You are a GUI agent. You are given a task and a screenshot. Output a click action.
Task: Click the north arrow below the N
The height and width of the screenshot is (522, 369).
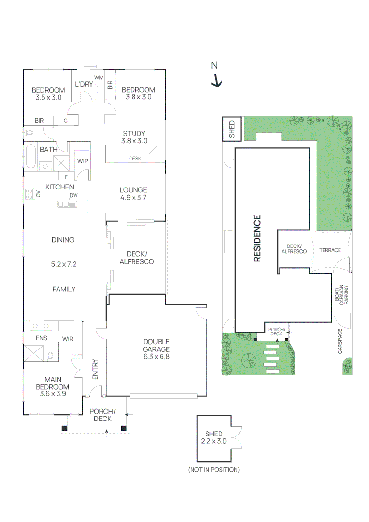pyautogui.click(x=217, y=81)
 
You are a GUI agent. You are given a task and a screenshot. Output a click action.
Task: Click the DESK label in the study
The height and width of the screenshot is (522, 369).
pyautogui.click(x=135, y=159)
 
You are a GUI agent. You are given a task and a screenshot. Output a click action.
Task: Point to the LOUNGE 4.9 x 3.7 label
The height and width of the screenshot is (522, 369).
pyautogui.click(x=133, y=194)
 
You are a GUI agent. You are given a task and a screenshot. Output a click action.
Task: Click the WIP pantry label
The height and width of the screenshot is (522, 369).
pyautogui.click(x=83, y=161)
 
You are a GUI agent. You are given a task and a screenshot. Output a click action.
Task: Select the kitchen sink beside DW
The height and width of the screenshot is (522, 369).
pyautogui.click(x=63, y=204)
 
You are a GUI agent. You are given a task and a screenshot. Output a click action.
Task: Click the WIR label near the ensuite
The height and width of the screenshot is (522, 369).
pyautogui.click(x=68, y=339)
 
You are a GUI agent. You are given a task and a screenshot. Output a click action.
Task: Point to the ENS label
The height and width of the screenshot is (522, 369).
pyautogui.click(x=41, y=338)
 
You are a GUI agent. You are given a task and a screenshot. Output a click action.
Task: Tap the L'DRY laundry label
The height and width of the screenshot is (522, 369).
pyautogui.click(x=84, y=84)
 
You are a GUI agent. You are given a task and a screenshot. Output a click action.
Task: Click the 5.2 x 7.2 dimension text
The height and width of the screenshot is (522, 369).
pyautogui.click(x=64, y=264)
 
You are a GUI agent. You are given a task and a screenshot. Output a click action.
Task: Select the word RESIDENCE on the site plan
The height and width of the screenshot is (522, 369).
pyautogui.click(x=257, y=238)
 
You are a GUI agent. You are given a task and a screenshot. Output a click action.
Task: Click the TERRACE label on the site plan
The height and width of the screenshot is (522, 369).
pyautogui.click(x=330, y=250)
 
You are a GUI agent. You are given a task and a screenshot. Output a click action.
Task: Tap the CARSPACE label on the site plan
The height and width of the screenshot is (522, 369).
pyautogui.click(x=340, y=341)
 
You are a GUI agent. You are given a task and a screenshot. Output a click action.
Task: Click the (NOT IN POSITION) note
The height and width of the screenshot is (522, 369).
pyautogui.click(x=214, y=469)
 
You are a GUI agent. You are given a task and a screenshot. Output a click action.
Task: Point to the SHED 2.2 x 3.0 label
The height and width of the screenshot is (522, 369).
pyautogui.click(x=213, y=437)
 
